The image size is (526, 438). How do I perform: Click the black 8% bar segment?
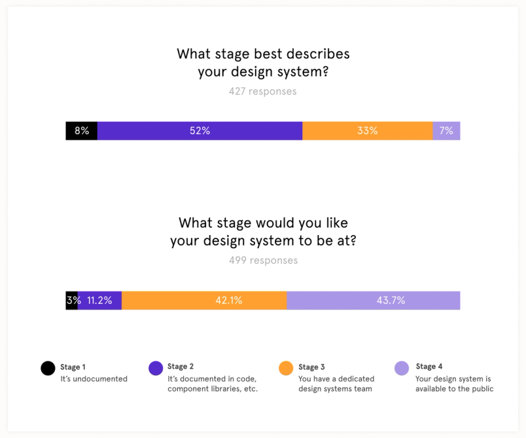[x=81, y=131]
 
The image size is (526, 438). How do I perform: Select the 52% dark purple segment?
[x=200, y=131]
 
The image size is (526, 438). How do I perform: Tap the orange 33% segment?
[x=367, y=131]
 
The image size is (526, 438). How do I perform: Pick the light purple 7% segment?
[x=446, y=131]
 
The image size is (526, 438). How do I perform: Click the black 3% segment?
[x=71, y=301]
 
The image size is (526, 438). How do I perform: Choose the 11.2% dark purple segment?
[x=99, y=301]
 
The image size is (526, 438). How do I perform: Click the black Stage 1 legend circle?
[x=48, y=368]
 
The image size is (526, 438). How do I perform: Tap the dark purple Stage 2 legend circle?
[x=156, y=368]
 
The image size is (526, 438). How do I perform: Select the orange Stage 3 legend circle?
[x=286, y=368]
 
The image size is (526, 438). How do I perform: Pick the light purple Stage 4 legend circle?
[x=402, y=368]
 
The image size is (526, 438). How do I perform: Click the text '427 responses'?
[x=262, y=92]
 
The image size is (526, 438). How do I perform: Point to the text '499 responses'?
[x=263, y=261]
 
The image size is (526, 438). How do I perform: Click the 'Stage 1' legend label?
[x=73, y=367]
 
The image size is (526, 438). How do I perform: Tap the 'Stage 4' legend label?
[x=429, y=367]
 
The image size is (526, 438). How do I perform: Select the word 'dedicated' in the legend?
[x=357, y=379]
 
